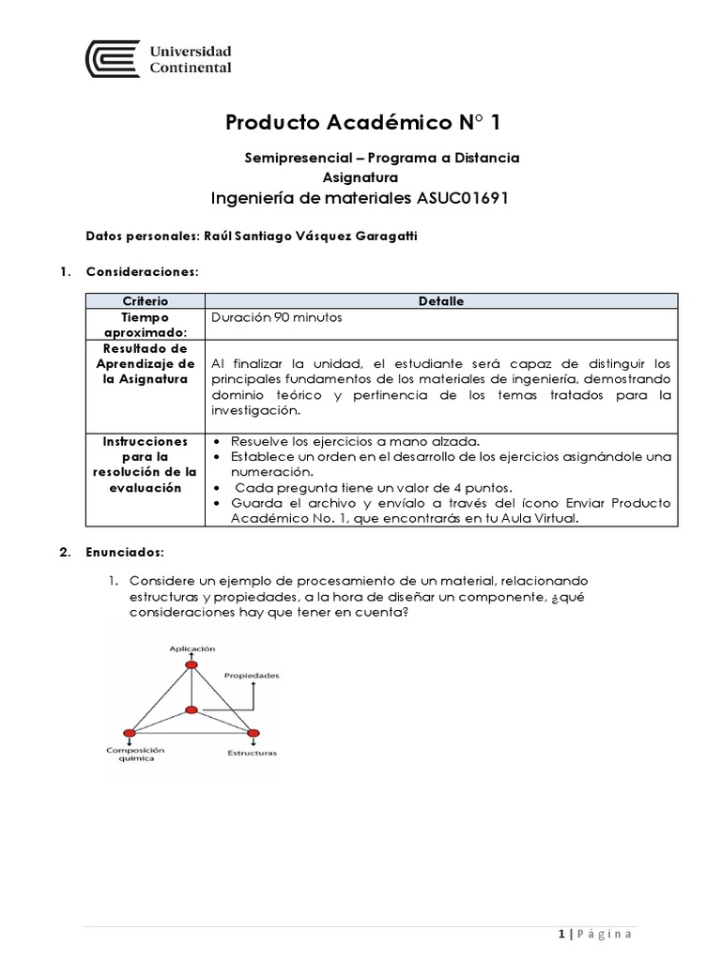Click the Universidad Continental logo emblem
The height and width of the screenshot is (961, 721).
click(x=112, y=58)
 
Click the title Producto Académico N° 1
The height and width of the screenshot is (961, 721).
click(x=369, y=122)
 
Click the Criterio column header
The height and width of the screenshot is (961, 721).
click(x=145, y=300)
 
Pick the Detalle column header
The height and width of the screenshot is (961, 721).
click(x=440, y=300)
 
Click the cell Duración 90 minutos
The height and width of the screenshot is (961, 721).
click(x=277, y=317)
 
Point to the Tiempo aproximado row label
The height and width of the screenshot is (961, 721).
click(x=145, y=324)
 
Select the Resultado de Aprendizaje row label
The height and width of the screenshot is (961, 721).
click(x=145, y=363)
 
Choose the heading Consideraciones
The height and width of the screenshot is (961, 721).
click(x=142, y=271)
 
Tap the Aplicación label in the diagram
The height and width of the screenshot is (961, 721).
click(x=192, y=648)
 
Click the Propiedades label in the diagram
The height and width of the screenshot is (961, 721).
click(x=251, y=675)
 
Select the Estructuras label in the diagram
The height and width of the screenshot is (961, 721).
click(x=252, y=753)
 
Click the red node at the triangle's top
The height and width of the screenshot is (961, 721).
click(x=192, y=664)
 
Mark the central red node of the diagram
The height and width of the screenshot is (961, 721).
click(x=192, y=709)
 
